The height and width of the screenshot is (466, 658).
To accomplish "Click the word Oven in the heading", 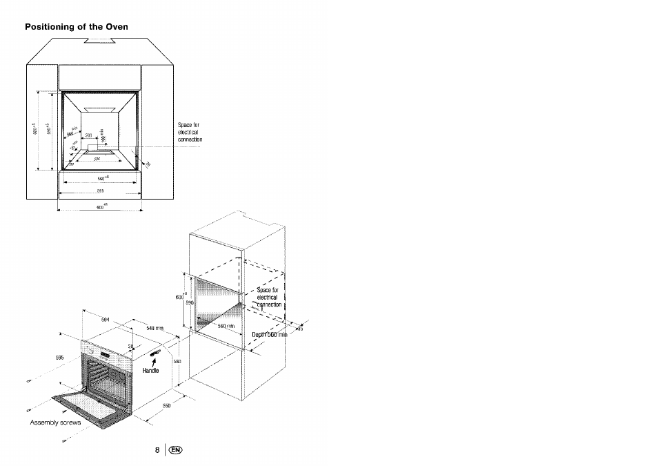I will click(x=117, y=27).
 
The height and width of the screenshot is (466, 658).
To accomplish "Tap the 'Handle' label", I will click(x=150, y=371).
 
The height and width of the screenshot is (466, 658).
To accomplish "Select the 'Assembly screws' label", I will click(x=55, y=422).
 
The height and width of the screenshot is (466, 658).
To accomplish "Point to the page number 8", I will click(x=157, y=450).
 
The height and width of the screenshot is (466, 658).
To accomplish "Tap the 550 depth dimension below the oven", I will click(x=166, y=405).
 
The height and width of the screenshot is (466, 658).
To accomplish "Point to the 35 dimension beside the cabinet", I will click(x=299, y=329).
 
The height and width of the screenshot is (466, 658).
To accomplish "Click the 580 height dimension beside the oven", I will click(x=177, y=360).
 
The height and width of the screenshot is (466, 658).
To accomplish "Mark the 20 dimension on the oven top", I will click(x=130, y=347).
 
